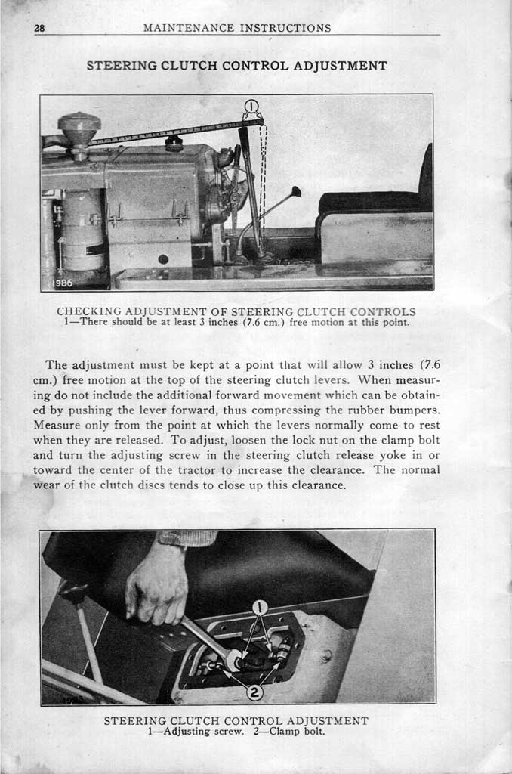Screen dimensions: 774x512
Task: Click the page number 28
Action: pos(40,28)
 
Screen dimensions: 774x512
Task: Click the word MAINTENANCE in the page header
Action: pos(188,28)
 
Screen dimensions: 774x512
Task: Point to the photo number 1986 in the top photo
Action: pos(64,283)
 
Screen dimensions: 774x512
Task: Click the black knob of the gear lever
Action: pos(296,191)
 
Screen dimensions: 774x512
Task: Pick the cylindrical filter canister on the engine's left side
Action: pos(82,230)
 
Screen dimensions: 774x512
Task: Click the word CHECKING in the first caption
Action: pos(89,311)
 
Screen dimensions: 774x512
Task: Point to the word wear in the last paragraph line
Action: pos(48,485)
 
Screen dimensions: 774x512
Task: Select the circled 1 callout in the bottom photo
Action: pos(259,606)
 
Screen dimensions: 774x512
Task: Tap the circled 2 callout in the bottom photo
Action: pos(254,691)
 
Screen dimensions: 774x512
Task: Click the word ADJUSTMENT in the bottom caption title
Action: pos(321,721)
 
